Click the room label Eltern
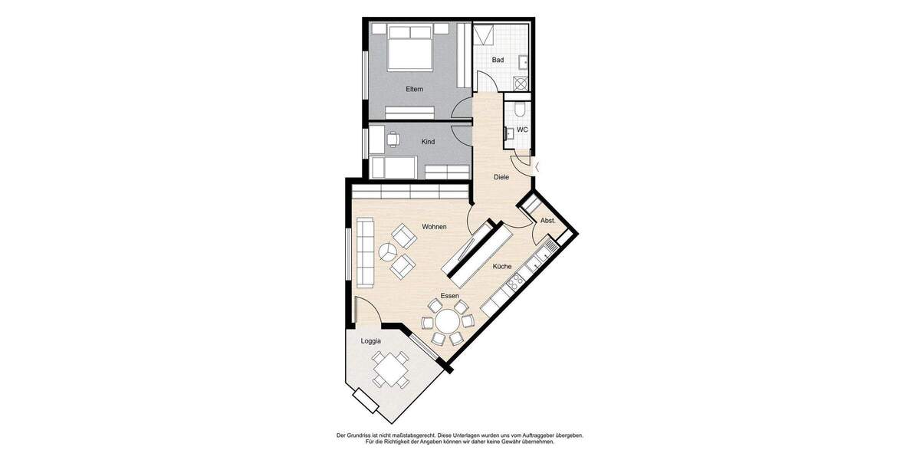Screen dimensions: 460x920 (x=414, y=90)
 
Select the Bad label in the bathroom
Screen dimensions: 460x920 (x=498, y=60)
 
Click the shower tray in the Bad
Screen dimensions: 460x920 (x=484, y=36)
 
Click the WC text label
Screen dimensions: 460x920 (x=522, y=130)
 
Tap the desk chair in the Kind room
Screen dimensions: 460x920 (x=393, y=140)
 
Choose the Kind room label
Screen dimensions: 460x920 (x=429, y=142)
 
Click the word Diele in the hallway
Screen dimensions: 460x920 (x=501, y=177)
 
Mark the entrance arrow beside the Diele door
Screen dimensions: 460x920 (x=537, y=166)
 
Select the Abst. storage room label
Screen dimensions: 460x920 (x=548, y=220)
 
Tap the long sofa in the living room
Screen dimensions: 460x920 (x=364, y=250)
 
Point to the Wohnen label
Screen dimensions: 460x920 (x=434, y=227)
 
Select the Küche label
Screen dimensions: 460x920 (x=502, y=266)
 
